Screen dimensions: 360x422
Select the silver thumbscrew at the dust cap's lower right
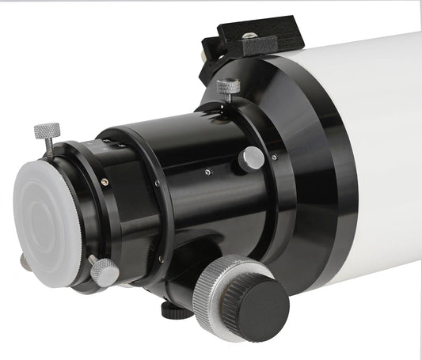105,271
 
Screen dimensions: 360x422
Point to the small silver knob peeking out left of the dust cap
23,262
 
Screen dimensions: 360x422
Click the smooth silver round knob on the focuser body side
252,159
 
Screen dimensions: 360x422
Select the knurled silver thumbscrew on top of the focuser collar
228,85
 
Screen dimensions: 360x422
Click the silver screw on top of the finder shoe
249,36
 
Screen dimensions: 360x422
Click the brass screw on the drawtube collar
105,183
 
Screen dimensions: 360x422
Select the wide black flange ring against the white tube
317,182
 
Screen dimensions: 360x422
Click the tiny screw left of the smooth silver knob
207,171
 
